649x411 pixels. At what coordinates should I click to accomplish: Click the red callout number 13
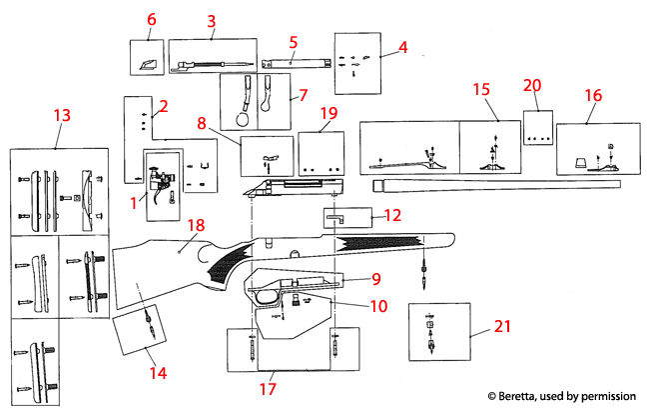pos(62,116)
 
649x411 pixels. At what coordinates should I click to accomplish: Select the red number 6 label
pos(152,19)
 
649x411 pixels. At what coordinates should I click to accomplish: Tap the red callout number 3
pos(211,21)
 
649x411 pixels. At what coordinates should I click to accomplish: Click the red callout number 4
pos(402,47)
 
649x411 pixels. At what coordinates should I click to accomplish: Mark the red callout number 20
pos(532,87)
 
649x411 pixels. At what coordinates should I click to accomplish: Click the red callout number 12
pos(392,215)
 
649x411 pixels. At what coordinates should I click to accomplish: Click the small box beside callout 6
pos(149,57)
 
